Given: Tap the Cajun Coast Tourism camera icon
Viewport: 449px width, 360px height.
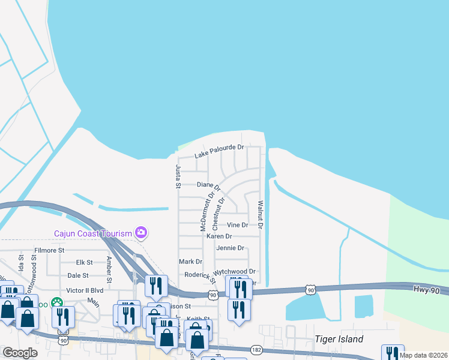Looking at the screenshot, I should coord(142,232).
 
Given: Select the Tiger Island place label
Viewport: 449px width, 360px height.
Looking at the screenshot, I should coord(339,339).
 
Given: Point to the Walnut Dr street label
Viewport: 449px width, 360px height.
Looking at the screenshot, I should coord(261,215).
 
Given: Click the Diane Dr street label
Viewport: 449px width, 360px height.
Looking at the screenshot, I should coord(208,185).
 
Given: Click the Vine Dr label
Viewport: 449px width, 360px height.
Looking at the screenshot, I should coord(237,225).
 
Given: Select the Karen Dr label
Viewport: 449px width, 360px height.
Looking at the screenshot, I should coord(219,236).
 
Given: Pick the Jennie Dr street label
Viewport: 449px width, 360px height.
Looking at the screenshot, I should coord(230,248).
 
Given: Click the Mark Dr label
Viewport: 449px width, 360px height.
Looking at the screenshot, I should coord(190,262).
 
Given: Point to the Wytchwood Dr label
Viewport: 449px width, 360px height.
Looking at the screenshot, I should coord(235,272).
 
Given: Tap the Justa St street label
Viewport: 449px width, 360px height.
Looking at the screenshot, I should coord(178,176).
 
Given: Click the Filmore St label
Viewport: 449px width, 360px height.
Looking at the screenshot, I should coord(49,250).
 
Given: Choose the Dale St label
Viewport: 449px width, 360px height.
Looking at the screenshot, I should coord(78,275).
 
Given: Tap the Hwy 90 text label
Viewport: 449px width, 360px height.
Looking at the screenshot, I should coord(427,289).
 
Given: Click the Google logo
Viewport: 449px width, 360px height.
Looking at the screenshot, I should coord(20,353).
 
